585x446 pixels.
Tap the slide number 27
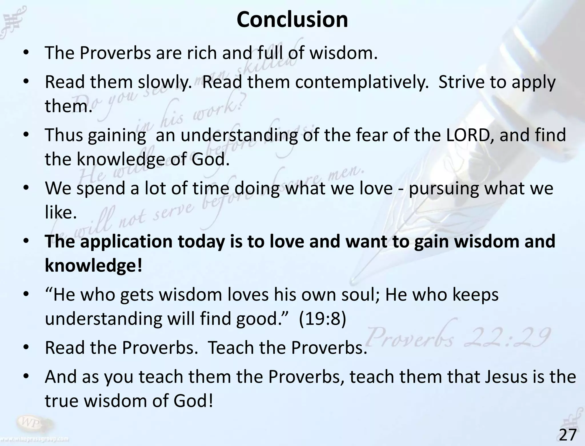(568, 435)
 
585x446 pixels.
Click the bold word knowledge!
(93, 266)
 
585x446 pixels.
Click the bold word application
(126, 241)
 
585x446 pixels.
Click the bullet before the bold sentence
(26, 241)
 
